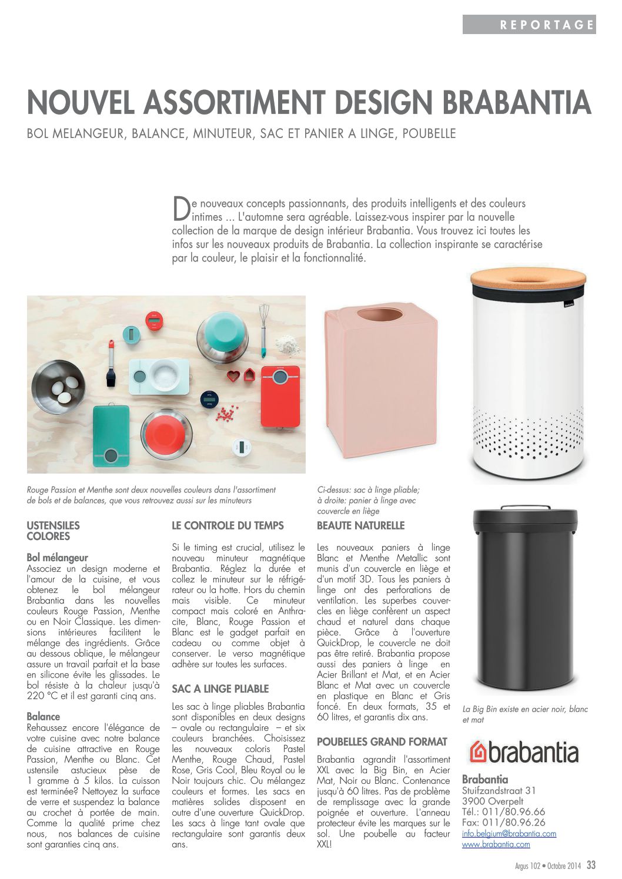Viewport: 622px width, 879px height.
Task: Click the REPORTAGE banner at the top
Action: [x=529, y=24]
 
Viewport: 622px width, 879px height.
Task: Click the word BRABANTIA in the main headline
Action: [x=517, y=102]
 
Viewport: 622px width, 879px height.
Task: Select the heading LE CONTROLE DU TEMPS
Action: [x=228, y=525]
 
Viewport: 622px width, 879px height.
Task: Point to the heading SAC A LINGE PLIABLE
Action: [x=220, y=689]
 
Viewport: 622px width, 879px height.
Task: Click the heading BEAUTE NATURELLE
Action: [x=360, y=525]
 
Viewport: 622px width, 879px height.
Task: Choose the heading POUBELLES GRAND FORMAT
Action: [x=382, y=742]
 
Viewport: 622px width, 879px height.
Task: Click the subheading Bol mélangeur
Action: [x=57, y=558]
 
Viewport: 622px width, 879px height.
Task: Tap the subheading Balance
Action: [x=43, y=716]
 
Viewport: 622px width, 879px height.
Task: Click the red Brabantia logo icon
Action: [x=478, y=753]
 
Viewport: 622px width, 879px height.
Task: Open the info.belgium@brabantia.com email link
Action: [x=509, y=833]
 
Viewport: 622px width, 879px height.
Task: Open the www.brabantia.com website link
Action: [x=496, y=844]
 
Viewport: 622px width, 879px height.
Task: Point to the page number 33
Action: [x=591, y=865]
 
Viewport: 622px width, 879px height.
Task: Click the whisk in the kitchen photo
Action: [x=264, y=329]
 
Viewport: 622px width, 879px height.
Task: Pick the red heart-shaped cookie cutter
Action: [x=234, y=374]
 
